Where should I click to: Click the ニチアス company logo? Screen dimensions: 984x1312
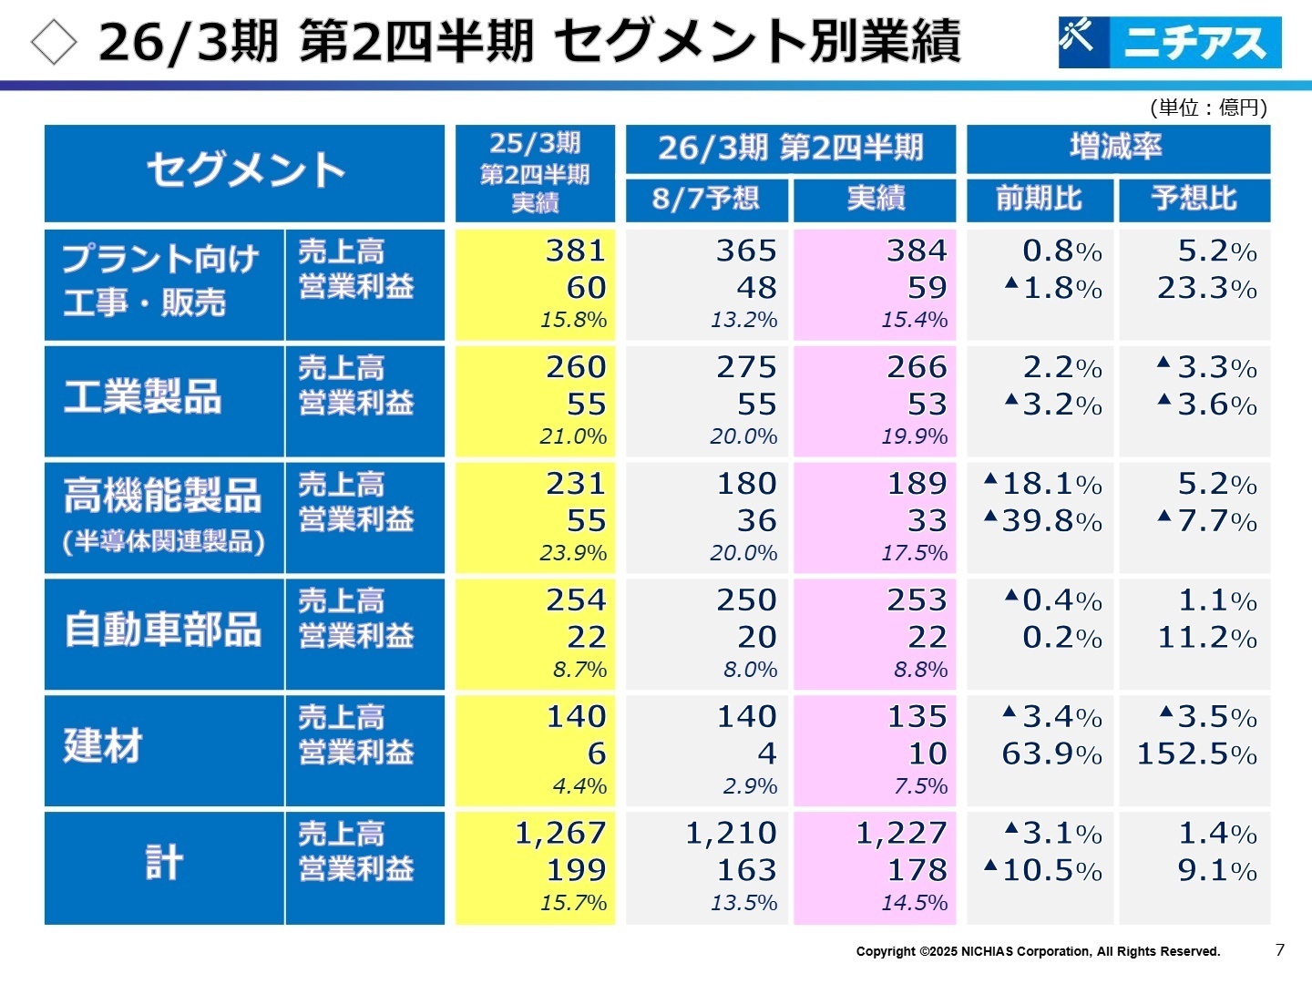click(x=1169, y=42)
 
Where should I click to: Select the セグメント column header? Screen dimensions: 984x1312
click(x=244, y=172)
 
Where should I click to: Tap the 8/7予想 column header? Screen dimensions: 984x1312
click(x=705, y=199)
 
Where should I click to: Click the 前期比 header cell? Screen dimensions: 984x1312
click(x=1040, y=199)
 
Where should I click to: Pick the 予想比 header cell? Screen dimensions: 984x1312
click(x=1194, y=199)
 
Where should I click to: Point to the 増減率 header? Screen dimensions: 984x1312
click(x=1117, y=148)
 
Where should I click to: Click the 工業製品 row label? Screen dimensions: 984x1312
click(x=143, y=398)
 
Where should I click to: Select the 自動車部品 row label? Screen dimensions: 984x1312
click(x=162, y=630)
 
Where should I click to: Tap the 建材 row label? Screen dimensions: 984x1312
click(x=103, y=747)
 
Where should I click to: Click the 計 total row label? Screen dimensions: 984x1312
click(x=164, y=863)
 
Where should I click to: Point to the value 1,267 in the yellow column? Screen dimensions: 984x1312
click(x=560, y=833)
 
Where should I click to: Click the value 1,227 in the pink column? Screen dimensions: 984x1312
click(x=901, y=833)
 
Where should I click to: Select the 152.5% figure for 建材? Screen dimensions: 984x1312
click(x=1196, y=754)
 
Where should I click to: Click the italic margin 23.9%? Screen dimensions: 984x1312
click(x=573, y=553)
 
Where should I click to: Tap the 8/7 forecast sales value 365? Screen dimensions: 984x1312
click(x=746, y=251)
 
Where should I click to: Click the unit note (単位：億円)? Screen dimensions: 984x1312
click(x=1208, y=108)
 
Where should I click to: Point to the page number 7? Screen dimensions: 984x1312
click(x=1279, y=949)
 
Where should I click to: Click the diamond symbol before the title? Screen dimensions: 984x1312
click(x=54, y=42)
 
